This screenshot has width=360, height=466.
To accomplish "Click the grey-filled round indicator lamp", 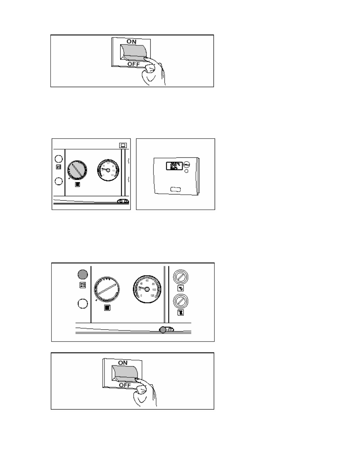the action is tap(83, 274).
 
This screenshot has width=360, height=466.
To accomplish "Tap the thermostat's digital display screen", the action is tap(174, 166).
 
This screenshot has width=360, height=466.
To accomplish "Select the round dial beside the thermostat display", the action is tap(186, 164).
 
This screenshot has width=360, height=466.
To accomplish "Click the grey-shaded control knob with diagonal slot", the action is tap(77, 170).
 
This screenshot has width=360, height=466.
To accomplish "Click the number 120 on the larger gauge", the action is tap(152, 295).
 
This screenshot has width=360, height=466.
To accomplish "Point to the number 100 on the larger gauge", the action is tap(154, 290).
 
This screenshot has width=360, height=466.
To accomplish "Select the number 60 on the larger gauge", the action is tap(147, 281).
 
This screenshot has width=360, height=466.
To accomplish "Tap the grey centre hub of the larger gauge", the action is tap(147, 289).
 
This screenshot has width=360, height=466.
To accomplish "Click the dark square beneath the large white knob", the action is tap(107, 308).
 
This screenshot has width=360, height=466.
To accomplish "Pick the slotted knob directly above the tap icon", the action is tap(181, 277).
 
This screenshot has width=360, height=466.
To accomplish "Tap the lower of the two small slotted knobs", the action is tap(181, 301).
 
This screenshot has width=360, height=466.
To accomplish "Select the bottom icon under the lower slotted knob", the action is tap(181, 313).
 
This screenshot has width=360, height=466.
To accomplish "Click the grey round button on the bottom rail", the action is tap(163, 330).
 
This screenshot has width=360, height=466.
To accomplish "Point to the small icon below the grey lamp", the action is tap(83, 285).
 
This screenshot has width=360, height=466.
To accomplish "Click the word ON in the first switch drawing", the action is tap(131, 42).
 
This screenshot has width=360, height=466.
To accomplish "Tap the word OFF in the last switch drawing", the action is tap(125, 385).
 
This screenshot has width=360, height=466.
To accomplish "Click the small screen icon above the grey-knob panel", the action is tap(123, 145).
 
